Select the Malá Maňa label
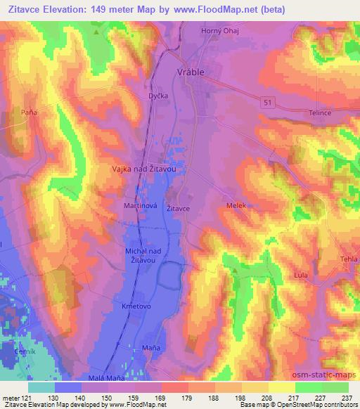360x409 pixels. (x=105, y=377)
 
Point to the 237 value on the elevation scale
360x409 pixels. (x=347, y=397)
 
